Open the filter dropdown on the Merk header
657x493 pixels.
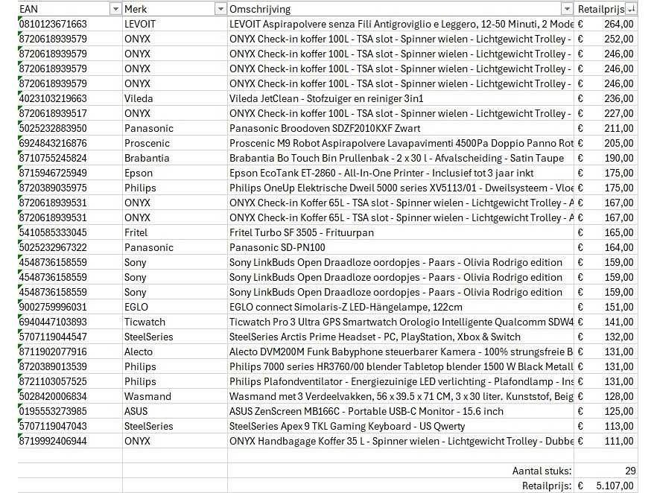click(220, 9)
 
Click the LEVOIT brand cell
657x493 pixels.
click(140, 24)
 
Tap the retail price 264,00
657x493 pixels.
click(619, 24)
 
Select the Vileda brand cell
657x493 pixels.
click(139, 98)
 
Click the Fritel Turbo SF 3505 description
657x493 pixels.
click(302, 232)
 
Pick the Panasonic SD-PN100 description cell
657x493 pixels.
click(277, 247)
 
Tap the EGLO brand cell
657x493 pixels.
click(136, 307)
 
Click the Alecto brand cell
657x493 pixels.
click(138, 352)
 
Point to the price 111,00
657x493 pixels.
click(619, 441)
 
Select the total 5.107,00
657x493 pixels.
click(615, 486)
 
